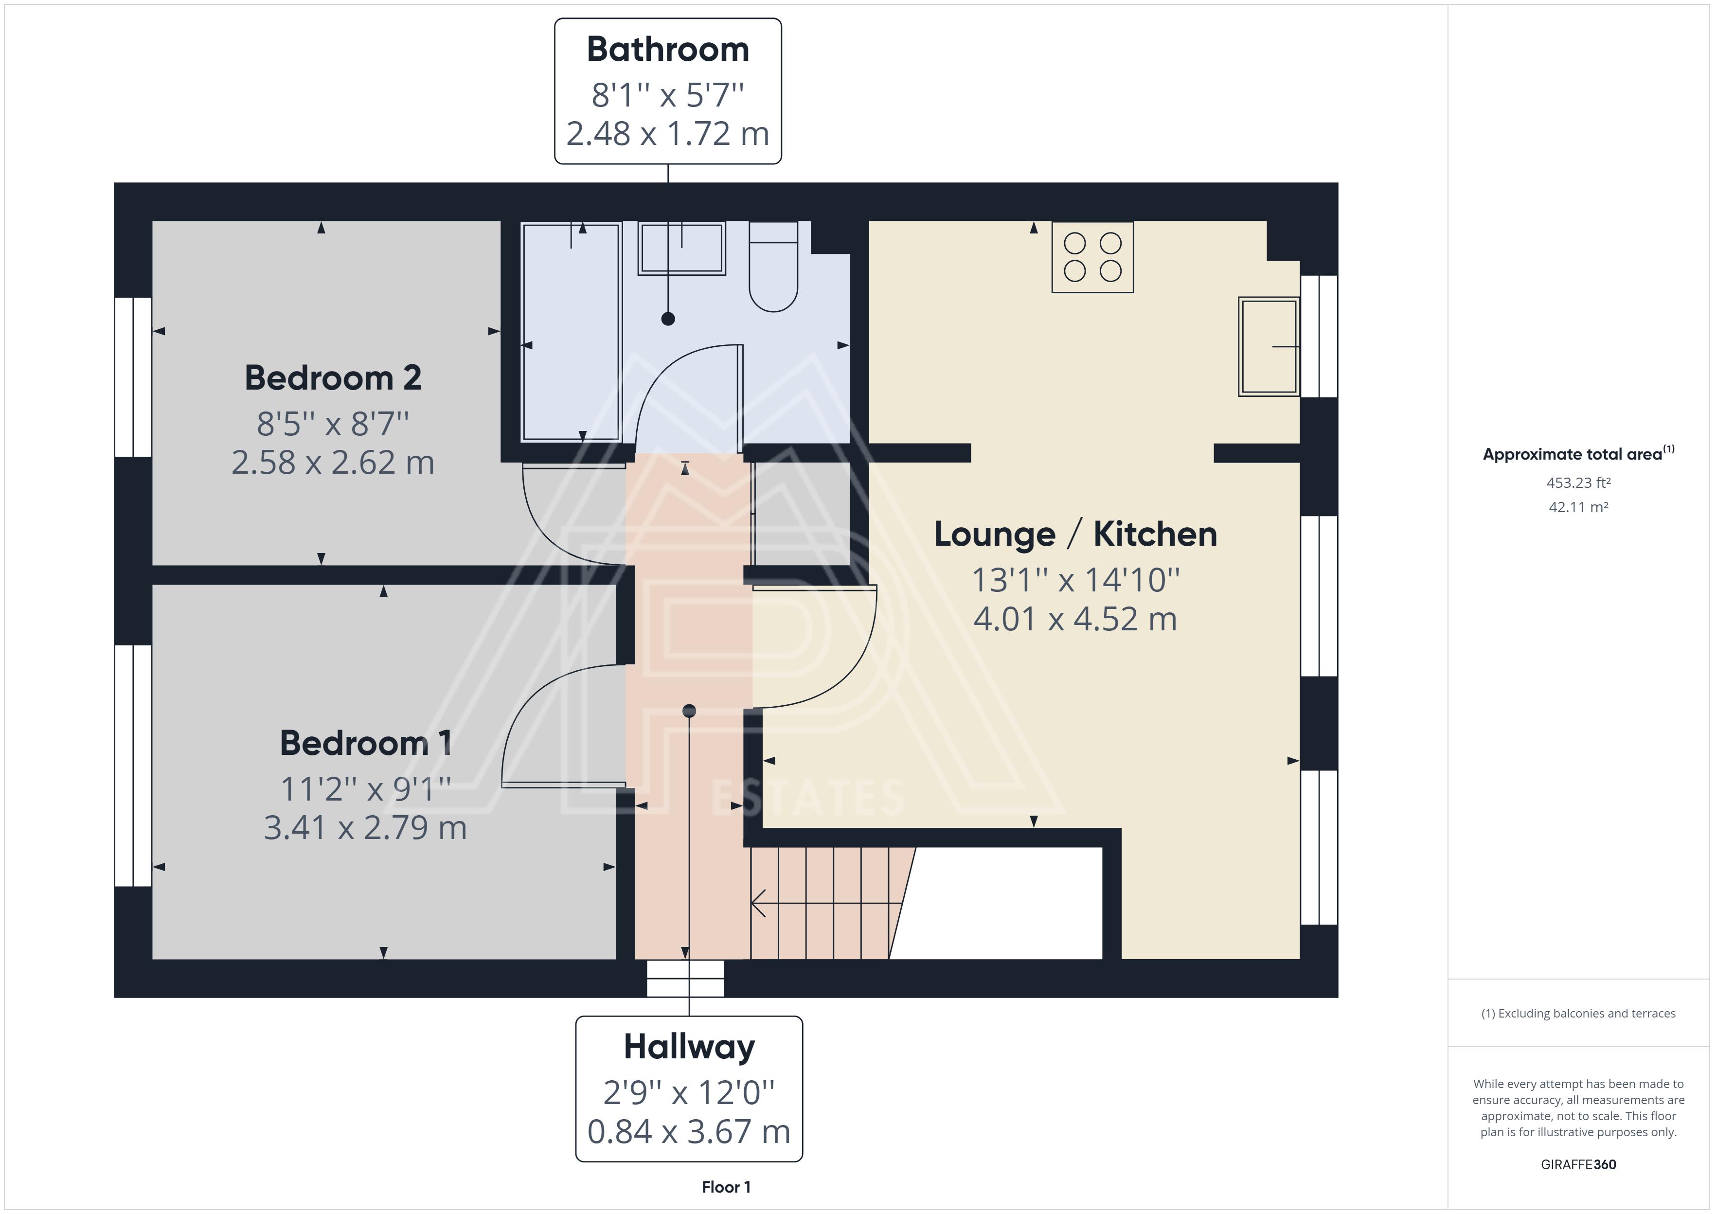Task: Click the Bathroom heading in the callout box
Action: [x=667, y=49]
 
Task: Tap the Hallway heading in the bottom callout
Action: [x=689, y=1047]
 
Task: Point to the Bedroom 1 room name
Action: [x=365, y=743]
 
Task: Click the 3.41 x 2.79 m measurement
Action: [x=365, y=827]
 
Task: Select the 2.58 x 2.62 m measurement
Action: [x=333, y=463]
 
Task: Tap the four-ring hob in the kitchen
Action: [x=1092, y=256]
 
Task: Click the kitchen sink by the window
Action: [x=1269, y=347]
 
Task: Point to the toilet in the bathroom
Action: [x=773, y=266]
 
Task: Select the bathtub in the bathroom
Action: [x=572, y=332]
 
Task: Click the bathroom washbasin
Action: [x=681, y=248]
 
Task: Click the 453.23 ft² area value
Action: [x=1578, y=483]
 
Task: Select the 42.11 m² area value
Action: [x=1578, y=507]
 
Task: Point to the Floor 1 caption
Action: [x=726, y=1187]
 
